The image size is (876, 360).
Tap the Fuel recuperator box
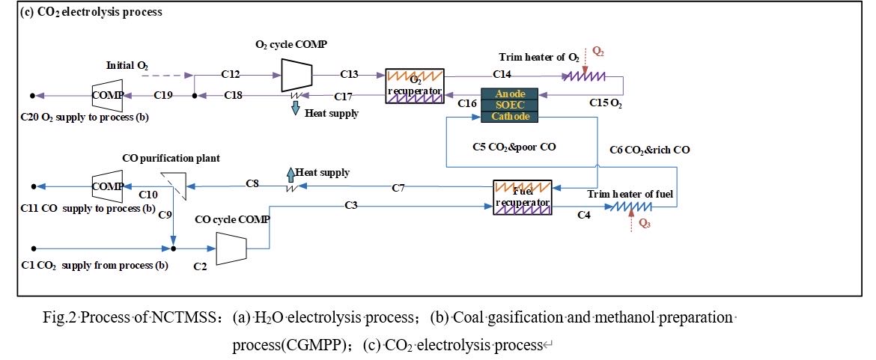click(522, 198)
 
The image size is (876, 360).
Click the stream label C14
click(502, 74)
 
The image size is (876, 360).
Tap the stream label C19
click(163, 94)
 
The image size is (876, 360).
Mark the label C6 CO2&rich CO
click(650, 150)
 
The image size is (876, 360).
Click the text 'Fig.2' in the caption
click(58, 318)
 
